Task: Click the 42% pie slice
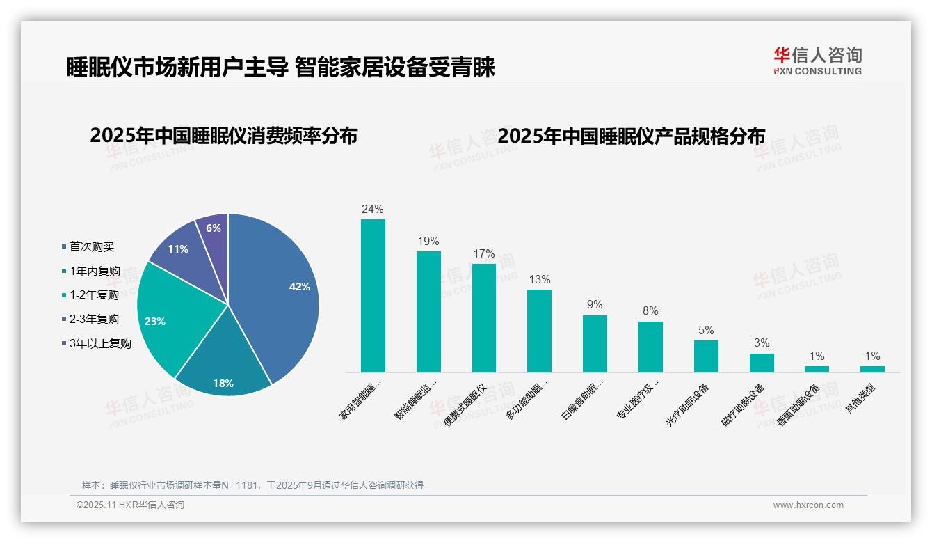(x=278, y=292)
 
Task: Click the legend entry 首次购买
(x=92, y=246)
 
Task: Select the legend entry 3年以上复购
(x=100, y=343)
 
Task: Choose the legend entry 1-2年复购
(x=94, y=294)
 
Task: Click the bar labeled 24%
(x=373, y=296)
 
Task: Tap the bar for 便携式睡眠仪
(x=484, y=318)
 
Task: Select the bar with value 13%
(x=539, y=331)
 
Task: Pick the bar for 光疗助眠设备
(x=706, y=356)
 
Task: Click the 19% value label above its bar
(x=428, y=241)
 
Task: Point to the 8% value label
(x=650, y=310)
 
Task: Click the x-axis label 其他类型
(x=860, y=400)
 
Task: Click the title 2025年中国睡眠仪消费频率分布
(x=223, y=136)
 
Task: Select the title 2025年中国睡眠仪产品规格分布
(x=632, y=136)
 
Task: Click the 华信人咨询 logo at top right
(x=817, y=60)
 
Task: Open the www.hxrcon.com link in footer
(x=808, y=505)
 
